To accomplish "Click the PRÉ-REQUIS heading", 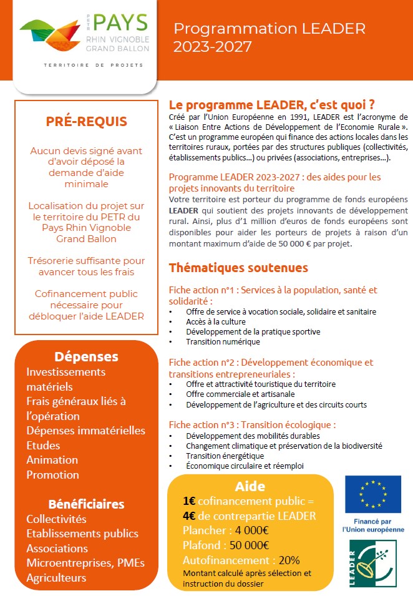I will click(x=86, y=122).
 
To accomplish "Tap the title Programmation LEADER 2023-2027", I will click(x=270, y=37).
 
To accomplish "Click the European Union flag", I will click(x=373, y=494).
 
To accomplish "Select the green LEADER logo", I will click(x=373, y=564).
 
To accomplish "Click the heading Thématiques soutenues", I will click(x=238, y=268).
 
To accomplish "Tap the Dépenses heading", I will click(x=86, y=357).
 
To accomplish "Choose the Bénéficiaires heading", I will click(x=86, y=504).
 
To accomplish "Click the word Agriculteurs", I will click(x=56, y=579).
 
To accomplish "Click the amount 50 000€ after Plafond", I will click(x=245, y=545).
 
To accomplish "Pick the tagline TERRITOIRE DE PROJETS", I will click(x=93, y=65).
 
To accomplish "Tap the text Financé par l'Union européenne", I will click(x=373, y=525).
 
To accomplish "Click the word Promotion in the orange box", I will click(x=52, y=475).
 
